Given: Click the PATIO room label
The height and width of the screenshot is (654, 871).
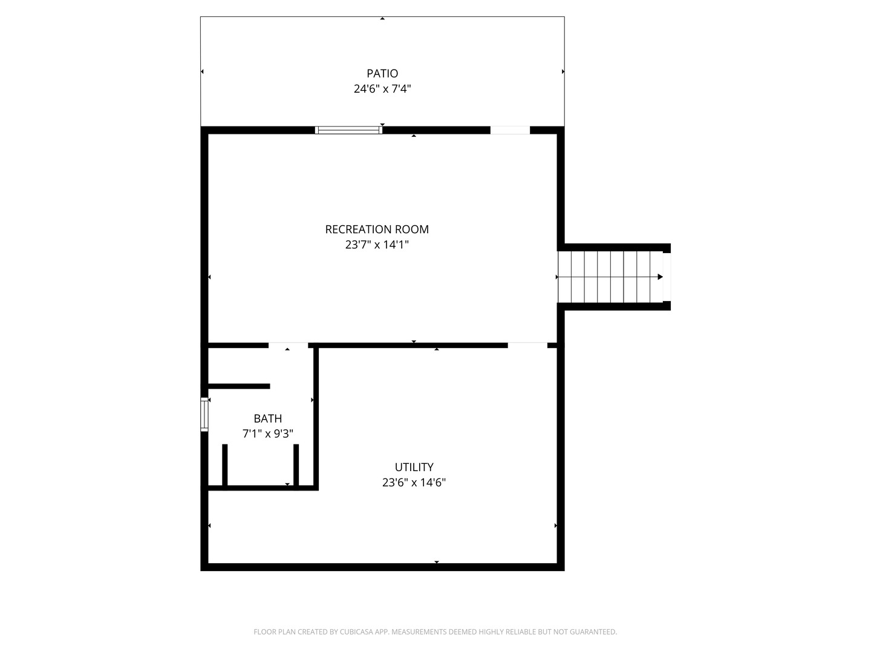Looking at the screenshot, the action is click(x=382, y=73).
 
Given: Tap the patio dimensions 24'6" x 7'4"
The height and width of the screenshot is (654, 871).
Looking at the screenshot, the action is click(x=382, y=88).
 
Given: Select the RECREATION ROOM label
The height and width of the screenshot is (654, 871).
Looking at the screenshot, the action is click(x=377, y=230).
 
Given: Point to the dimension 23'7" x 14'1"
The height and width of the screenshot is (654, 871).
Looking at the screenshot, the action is click(x=377, y=245).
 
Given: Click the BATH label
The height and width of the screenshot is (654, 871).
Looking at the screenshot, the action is click(x=268, y=418).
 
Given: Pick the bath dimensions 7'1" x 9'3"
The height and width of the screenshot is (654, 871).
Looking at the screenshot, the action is click(x=268, y=434).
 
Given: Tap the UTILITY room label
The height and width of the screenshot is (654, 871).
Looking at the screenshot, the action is click(x=414, y=467).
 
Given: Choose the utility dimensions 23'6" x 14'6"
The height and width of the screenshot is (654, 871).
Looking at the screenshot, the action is click(x=414, y=483).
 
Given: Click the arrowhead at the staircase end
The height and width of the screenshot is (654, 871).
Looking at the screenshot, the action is click(x=661, y=277).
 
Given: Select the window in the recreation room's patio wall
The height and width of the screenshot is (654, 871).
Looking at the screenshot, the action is click(x=349, y=130).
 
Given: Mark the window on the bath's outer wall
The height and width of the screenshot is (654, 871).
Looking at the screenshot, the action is click(x=204, y=414).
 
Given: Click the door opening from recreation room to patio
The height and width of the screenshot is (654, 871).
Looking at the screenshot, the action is click(x=511, y=130).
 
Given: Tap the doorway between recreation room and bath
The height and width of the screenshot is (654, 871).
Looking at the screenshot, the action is click(x=289, y=345).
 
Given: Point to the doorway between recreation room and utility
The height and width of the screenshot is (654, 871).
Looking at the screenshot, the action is click(x=528, y=345).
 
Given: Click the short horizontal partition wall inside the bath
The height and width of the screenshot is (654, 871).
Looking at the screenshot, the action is click(x=239, y=386).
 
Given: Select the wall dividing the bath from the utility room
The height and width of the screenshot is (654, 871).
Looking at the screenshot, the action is click(x=316, y=417).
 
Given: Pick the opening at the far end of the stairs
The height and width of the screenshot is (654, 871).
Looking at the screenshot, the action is click(x=667, y=277).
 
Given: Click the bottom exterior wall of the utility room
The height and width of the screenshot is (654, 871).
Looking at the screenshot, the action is click(x=382, y=567).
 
